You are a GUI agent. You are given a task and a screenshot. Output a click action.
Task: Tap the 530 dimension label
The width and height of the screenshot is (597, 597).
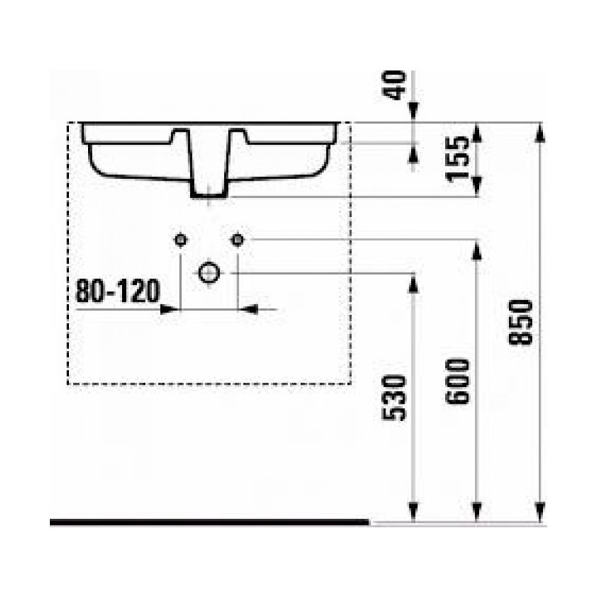pos(396,397)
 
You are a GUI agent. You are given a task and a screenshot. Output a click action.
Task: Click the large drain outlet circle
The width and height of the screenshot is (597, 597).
pos(208,273)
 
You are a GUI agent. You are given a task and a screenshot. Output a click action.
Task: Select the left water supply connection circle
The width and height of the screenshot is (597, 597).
pos(180,240)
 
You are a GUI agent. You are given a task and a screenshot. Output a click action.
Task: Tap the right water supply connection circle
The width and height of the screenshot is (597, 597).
pos(237,240)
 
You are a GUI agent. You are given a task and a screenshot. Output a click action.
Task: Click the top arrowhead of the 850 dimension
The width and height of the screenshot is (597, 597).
pos(541,130)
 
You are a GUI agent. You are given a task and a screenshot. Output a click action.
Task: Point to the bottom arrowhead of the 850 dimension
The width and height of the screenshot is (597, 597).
pos(541,515)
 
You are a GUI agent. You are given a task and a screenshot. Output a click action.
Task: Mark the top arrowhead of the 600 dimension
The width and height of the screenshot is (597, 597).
pos(477,248)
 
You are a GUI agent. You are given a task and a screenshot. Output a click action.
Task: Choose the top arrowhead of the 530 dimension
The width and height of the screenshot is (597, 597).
pos(412,281)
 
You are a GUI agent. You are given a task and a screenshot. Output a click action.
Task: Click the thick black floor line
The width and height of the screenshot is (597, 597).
pos(207,522)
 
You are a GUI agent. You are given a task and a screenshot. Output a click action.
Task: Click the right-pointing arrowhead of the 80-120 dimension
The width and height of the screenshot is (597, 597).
pos(170,309)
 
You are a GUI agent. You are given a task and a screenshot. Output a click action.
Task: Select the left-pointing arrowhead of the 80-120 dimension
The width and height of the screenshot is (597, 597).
pos(248,309)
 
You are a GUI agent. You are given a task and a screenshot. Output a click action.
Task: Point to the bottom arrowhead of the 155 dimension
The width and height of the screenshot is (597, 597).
pos(477,189)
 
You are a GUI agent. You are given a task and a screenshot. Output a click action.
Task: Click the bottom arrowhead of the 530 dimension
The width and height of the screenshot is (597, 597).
pos(412,515)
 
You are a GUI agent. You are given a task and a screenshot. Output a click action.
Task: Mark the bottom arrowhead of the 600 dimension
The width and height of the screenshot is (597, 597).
pos(477,515)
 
